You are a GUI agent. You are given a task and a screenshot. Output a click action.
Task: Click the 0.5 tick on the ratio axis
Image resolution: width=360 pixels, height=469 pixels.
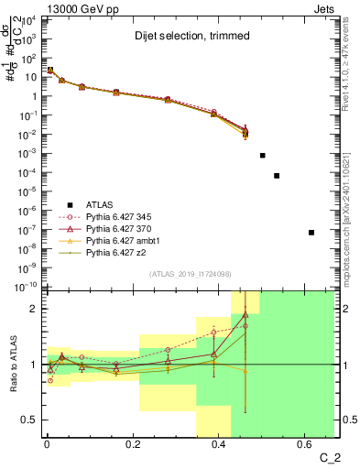point(30,420)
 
